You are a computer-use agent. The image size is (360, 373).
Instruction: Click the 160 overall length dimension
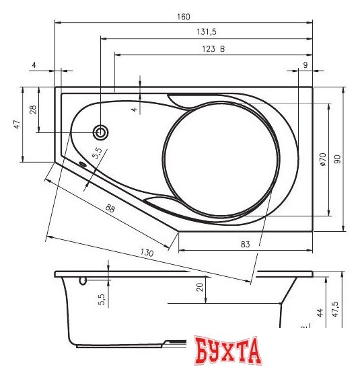(184, 16)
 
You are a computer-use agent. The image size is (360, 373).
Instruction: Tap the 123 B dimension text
(213, 48)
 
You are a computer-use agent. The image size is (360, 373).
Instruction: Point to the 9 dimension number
(305, 65)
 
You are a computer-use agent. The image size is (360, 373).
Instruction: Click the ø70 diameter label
(322, 159)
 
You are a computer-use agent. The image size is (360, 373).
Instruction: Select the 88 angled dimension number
(110, 210)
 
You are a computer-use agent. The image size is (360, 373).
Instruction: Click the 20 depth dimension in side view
(199, 287)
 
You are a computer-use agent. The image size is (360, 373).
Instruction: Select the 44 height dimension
(320, 312)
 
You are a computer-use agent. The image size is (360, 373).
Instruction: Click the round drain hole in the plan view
(101, 132)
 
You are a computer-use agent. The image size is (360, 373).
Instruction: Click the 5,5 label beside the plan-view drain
(96, 153)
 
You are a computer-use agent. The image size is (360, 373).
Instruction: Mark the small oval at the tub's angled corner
(82, 163)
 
